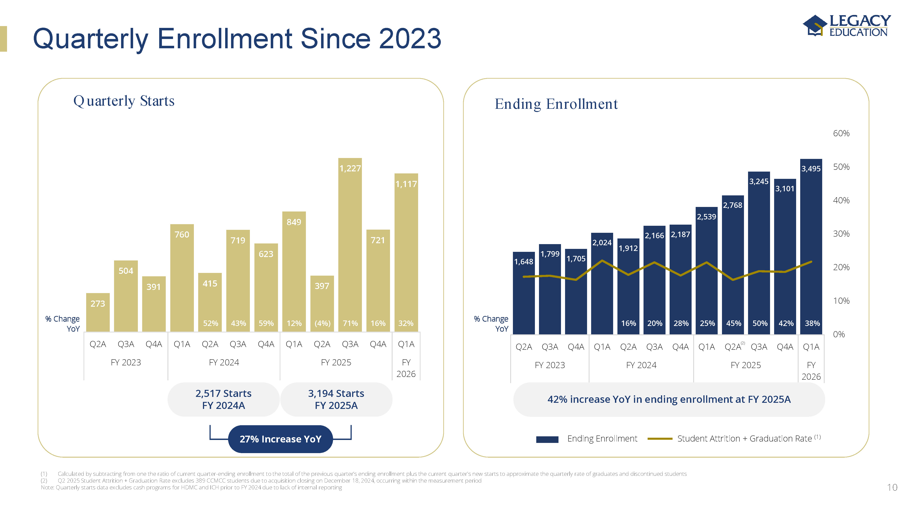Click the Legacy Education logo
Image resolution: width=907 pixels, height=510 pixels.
pos(846,25)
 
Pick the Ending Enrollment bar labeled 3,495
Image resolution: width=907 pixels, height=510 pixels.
pos(811,246)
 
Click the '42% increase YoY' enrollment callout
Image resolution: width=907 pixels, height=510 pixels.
pos(669,399)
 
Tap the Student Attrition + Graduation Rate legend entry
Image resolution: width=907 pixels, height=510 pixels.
pos(744,439)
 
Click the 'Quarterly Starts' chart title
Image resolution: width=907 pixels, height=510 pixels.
pos(124,101)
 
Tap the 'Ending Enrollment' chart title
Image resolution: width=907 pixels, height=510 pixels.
pos(556,104)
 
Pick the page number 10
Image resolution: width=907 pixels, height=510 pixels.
pos(892,488)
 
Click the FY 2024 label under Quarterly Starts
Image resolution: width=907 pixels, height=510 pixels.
pos(224,362)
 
